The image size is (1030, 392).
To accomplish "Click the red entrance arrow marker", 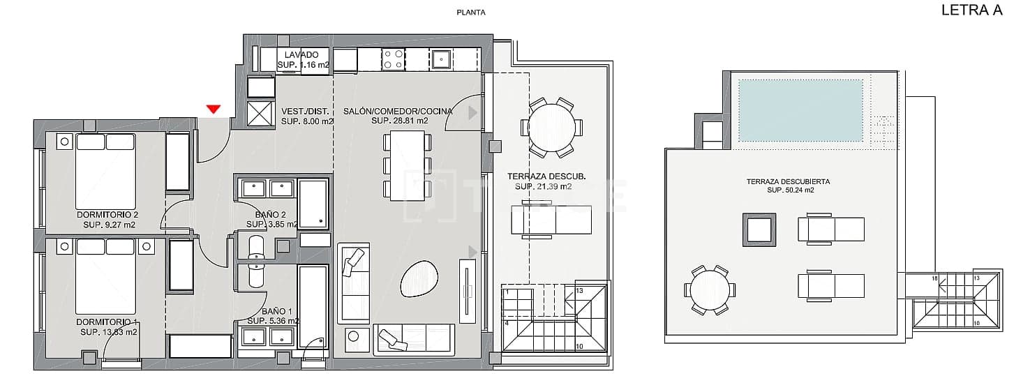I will point(214,109).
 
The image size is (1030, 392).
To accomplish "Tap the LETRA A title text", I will point(971,10).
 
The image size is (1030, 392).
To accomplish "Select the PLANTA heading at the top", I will point(470,12).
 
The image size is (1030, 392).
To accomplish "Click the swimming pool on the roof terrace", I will point(800,110).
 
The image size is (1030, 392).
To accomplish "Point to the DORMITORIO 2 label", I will point(107,215).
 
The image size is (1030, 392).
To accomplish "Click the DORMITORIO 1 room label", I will point(107,322).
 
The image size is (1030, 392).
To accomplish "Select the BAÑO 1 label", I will point(273,312).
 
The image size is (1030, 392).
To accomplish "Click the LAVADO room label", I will point(301,54).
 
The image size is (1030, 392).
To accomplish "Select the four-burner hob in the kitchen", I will point(393,59).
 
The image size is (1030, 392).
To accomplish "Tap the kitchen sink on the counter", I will point(441,59).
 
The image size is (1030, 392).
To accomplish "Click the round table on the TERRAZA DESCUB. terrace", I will point(551,127).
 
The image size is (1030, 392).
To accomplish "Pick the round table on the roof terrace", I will point(709,289).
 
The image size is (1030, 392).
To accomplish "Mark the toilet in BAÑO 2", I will point(256,248).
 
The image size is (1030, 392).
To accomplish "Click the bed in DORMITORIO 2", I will point(105,172).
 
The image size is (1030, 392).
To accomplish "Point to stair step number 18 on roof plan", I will point(934,278).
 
